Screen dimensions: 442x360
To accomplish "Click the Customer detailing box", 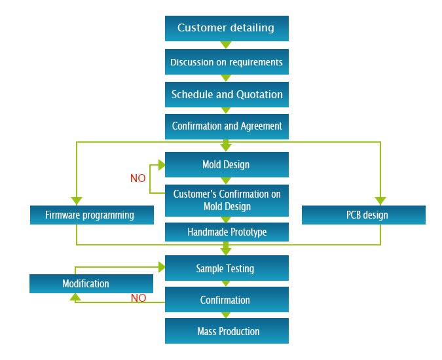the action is (227, 28).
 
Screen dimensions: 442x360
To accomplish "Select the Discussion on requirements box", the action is (227, 62).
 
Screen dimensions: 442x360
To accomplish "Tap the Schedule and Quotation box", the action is (227, 95).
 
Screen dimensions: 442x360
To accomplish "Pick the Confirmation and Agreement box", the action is (227, 126).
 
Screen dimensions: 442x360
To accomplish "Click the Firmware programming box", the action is (92, 215).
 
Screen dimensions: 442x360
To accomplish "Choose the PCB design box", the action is (363, 215).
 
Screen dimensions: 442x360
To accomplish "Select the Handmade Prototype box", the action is (227, 232).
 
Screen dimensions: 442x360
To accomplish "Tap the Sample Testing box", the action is (227, 268).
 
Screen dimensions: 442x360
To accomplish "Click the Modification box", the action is (91, 283).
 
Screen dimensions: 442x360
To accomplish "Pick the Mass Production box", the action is (227, 331).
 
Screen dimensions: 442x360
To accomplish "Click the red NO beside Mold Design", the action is (138, 178).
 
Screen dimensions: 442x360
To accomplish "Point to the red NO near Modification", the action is (138, 298).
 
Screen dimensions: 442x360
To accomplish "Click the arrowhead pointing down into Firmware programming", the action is (77, 201).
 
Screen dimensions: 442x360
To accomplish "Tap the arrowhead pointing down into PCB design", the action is (380, 201).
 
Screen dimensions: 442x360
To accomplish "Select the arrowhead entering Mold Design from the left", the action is (162, 165).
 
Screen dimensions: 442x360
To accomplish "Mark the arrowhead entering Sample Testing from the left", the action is (162, 267).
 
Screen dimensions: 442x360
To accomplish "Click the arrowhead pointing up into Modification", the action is (75, 297).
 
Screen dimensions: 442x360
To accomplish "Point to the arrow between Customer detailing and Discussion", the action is (226, 45).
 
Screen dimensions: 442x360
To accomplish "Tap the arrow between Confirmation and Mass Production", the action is (226, 315).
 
